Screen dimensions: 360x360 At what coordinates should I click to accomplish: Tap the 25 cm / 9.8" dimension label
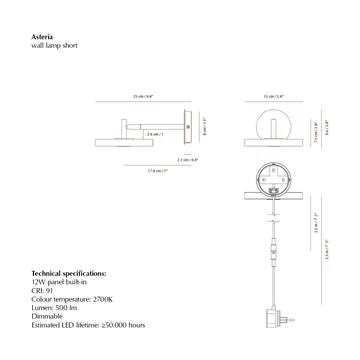pyautogui.click(x=141, y=97)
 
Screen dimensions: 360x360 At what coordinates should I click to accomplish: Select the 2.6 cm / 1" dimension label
pyautogui.click(x=153, y=133)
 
